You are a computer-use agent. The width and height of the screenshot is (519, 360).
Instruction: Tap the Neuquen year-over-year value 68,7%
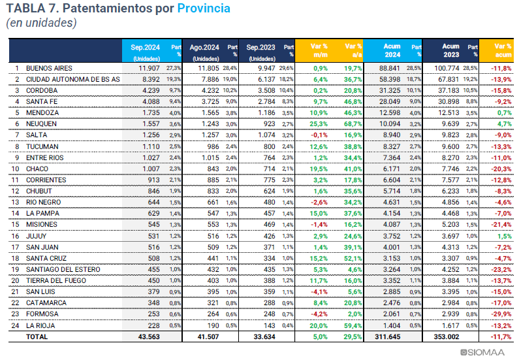[353, 124]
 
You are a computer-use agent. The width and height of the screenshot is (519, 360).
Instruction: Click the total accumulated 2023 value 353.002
[447, 336]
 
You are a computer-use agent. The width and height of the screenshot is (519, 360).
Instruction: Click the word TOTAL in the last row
[37, 336]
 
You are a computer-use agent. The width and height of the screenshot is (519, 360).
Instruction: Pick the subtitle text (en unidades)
[41, 24]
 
